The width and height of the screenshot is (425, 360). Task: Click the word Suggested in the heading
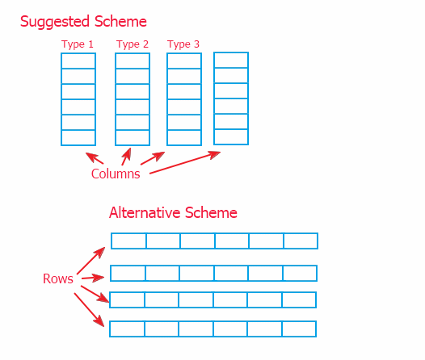pyautogui.click(x=55, y=22)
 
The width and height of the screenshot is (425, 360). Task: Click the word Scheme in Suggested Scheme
pyautogui.click(x=120, y=21)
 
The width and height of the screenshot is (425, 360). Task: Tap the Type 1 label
pyautogui.click(x=78, y=44)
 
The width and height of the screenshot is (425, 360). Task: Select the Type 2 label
pyautogui.click(x=133, y=44)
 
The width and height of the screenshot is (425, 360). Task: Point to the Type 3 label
pyautogui.click(x=183, y=44)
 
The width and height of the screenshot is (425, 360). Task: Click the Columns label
pyautogui.click(x=116, y=174)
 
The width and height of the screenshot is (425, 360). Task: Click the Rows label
pyautogui.click(x=58, y=278)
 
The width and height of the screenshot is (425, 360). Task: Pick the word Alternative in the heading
pyautogui.click(x=145, y=212)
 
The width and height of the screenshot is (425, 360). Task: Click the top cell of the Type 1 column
pyautogui.click(x=78, y=61)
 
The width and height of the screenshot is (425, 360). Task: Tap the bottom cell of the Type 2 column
pyautogui.click(x=133, y=138)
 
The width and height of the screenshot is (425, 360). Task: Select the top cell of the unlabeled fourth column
pyautogui.click(x=231, y=60)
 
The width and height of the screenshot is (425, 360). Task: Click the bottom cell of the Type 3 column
pyautogui.click(x=184, y=138)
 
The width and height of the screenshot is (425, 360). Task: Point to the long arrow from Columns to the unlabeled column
pyautogui.click(x=185, y=162)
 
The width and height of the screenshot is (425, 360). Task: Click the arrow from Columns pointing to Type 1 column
pyautogui.click(x=95, y=158)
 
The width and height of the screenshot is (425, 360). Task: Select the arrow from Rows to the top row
pyautogui.click(x=91, y=261)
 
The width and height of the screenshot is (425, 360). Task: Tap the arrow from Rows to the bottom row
pyautogui.click(x=89, y=310)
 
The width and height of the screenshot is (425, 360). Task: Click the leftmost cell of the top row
pyautogui.click(x=128, y=241)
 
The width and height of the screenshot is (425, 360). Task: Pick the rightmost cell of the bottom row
pyautogui.click(x=299, y=329)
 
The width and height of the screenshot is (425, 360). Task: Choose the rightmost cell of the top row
pyautogui.click(x=301, y=241)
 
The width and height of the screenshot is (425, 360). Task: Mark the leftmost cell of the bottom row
pyautogui.click(x=127, y=329)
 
